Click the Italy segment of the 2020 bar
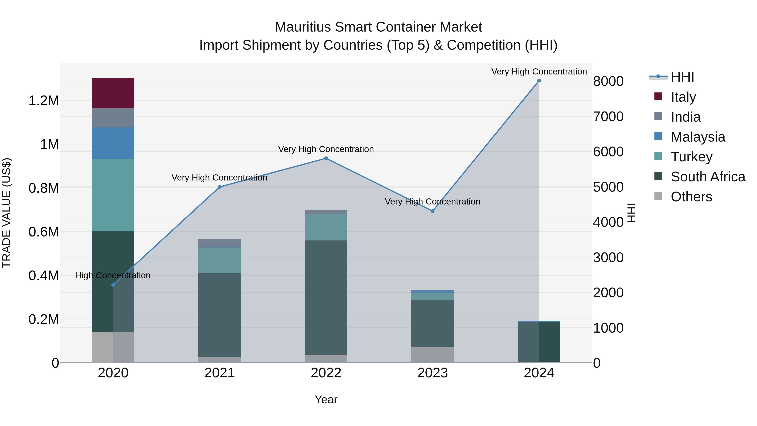113,93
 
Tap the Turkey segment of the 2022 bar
326,227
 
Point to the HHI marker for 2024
539,81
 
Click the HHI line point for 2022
326,158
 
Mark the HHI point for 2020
113,285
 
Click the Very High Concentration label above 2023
432,202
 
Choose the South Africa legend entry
708,177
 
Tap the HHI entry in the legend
682,77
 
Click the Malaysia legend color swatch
658,136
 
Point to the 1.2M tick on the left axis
44,101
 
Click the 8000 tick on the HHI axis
608,81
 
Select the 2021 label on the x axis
220,373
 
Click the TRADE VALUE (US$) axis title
7,213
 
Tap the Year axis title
326,399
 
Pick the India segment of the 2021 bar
220,243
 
